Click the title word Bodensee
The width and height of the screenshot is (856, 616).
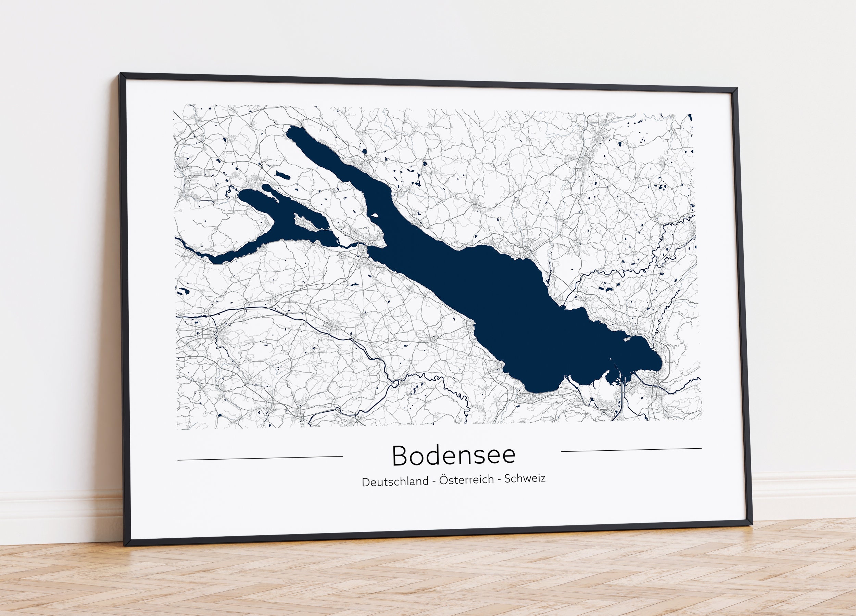[454, 456]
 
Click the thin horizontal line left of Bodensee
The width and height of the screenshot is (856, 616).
[260, 458]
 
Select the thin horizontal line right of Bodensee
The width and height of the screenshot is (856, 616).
[631, 450]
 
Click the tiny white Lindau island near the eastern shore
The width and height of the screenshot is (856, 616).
[628, 338]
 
